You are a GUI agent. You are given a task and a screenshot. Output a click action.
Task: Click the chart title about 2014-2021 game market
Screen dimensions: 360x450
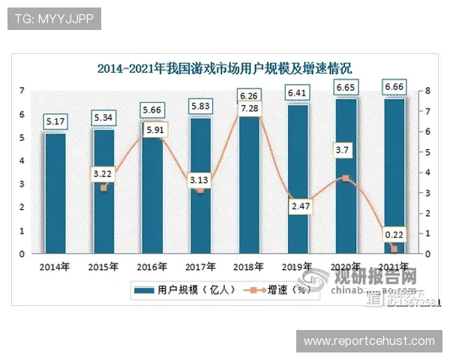[x=225, y=68]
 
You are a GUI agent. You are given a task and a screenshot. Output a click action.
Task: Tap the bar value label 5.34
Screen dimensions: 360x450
[x=103, y=118]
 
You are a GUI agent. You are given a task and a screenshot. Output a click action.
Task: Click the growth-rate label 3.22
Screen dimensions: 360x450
[x=103, y=174]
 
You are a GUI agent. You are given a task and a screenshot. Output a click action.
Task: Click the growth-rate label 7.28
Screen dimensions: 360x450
[x=250, y=110]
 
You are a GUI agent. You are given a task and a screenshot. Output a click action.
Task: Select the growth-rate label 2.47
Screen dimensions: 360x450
[x=298, y=204]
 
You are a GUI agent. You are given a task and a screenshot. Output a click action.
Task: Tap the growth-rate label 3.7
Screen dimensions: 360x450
[x=344, y=151]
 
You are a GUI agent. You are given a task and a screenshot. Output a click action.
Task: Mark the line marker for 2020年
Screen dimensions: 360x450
[x=345, y=178]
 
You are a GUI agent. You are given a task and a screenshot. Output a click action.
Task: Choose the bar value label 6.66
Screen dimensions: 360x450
[x=394, y=88]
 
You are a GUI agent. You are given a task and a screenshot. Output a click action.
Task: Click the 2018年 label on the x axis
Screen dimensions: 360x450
[x=249, y=266]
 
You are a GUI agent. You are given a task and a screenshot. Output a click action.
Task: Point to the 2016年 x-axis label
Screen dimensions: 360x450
[x=152, y=266]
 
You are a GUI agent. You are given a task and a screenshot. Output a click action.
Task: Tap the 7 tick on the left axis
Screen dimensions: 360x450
[x=22, y=91]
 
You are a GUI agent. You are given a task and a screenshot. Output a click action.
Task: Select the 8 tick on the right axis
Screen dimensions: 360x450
[x=427, y=91]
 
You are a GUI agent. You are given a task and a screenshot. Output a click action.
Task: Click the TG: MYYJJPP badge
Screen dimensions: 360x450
[x=53, y=19]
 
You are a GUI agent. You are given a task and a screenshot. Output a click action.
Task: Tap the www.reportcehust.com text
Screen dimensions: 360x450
[x=368, y=341]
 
